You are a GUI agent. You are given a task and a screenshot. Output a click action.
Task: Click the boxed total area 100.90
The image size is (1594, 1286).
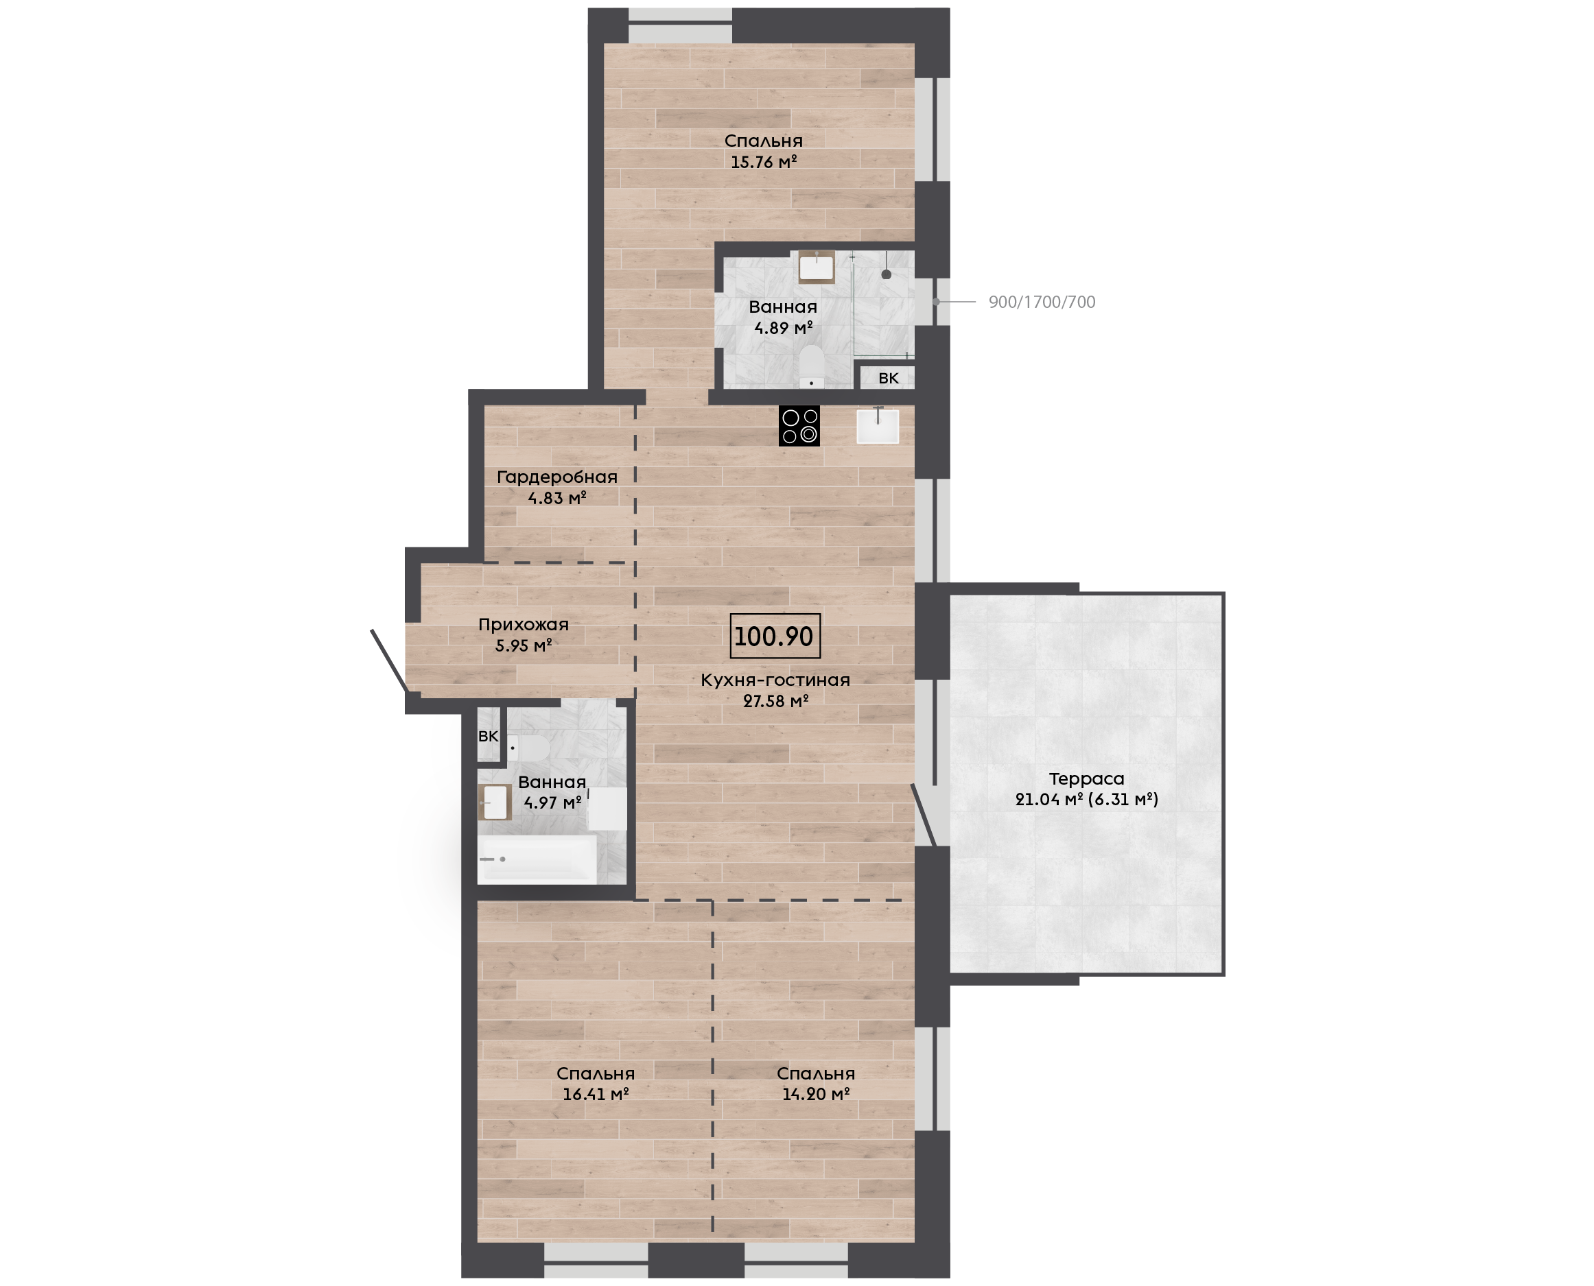click(775, 636)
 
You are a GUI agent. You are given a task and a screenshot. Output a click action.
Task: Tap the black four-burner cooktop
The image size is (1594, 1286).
click(799, 425)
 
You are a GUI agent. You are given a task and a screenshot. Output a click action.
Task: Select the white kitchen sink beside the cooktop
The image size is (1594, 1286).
click(878, 425)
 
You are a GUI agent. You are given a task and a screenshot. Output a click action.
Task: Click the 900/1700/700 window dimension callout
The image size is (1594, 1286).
click(1041, 302)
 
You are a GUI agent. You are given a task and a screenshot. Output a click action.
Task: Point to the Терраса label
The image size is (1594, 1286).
click(1086, 778)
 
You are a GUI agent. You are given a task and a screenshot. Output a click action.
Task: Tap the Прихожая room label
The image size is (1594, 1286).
click(523, 624)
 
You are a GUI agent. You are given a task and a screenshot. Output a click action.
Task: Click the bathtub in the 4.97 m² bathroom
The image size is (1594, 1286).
click(537, 859)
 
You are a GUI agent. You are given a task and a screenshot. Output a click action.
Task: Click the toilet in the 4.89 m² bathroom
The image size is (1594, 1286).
click(812, 367)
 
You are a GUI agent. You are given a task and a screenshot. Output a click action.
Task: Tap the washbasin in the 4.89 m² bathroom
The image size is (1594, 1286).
click(817, 267)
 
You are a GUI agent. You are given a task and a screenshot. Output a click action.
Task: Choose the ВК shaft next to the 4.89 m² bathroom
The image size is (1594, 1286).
click(888, 378)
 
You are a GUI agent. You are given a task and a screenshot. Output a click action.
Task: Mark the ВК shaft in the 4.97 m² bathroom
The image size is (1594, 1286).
click(489, 736)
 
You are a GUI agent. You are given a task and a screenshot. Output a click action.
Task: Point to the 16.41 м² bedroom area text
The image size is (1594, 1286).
click(596, 1094)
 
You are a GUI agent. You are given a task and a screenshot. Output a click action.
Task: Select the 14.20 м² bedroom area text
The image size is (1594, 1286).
click(816, 1094)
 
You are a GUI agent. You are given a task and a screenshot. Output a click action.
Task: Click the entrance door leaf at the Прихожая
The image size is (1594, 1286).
click(388, 660)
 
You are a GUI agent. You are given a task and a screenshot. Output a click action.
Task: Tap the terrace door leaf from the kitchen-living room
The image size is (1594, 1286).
click(924, 815)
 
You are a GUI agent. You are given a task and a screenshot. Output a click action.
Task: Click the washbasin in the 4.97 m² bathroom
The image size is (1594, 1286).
click(495, 802)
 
